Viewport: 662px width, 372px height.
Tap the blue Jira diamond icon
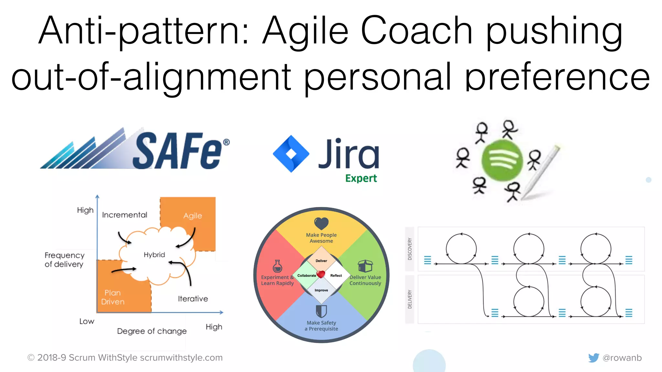click(291, 154)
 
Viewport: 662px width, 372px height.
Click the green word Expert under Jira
click(361, 178)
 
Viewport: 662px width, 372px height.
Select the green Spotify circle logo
click(502, 160)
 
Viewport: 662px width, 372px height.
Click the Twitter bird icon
click(593, 357)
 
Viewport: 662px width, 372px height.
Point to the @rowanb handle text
click(622, 358)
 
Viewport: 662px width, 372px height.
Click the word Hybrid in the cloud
click(154, 255)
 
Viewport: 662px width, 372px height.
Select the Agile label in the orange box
click(193, 216)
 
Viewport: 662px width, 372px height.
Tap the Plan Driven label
click(112, 297)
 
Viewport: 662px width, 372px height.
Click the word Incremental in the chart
click(124, 215)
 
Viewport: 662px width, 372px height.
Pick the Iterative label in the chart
click(193, 299)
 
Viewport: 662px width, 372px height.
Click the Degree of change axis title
click(152, 331)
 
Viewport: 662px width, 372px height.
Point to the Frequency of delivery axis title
click(64, 260)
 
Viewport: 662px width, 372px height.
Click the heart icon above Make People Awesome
click(321, 223)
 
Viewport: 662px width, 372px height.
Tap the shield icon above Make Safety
click(321, 311)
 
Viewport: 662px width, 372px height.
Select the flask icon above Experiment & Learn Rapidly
click(277, 266)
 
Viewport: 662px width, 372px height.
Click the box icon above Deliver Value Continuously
click(365, 266)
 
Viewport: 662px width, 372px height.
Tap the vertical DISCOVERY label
click(410, 249)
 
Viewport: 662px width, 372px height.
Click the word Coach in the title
click(417, 31)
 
